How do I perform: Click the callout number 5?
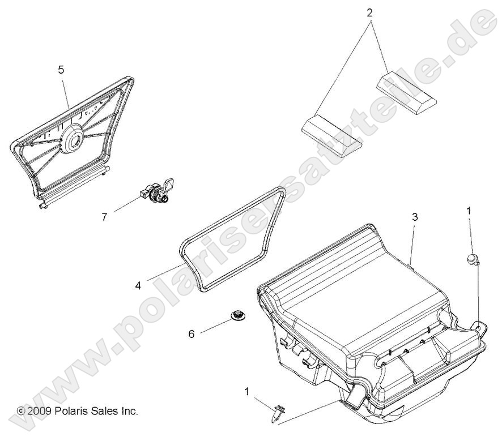tap(61, 70)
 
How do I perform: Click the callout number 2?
tap(369, 11)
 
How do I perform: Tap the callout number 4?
tap(138, 286)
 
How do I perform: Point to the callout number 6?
tap(192, 334)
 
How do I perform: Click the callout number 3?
tap(415, 217)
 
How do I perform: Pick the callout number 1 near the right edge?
tap(468, 211)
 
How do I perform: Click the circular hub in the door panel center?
tap(77, 138)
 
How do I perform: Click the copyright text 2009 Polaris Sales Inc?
tap(78, 410)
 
